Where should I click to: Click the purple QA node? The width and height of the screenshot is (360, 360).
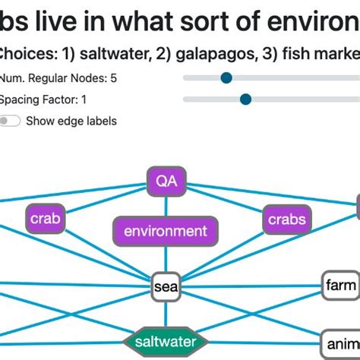coord(166,181)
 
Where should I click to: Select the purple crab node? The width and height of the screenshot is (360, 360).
coord(46,219)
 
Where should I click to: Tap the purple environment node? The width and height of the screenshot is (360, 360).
coord(166,231)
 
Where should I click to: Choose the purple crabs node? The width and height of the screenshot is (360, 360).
coord(286,220)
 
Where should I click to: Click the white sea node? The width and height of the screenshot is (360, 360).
coord(166,287)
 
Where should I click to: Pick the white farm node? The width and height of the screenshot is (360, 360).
coord(339,286)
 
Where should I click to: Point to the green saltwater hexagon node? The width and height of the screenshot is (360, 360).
coord(166,342)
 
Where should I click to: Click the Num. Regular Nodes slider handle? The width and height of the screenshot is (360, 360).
coord(226,77)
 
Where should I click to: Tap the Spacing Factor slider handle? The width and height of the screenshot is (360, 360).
coord(245,99)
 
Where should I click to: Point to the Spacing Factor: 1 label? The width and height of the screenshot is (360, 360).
coord(43,99)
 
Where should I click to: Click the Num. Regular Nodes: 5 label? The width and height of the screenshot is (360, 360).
coord(58,77)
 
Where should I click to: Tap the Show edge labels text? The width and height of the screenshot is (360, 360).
coord(71,121)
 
